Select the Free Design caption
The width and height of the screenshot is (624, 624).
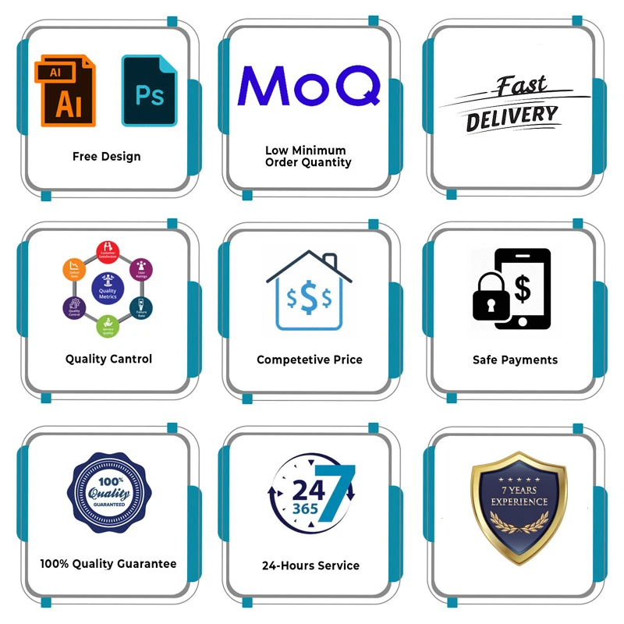(107, 156)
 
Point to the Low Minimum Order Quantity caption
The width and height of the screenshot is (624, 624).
(308, 156)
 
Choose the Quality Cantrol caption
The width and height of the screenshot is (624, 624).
(108, 359)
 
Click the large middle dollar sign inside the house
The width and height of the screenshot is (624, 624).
(309, 297)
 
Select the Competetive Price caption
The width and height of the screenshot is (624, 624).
(310, 360)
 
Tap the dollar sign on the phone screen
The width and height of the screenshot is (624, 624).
(522, 289)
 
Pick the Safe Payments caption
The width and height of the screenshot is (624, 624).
(515, 360)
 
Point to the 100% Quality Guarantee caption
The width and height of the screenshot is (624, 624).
(108, 563)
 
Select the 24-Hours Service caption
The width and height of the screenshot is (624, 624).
(310, 565)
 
